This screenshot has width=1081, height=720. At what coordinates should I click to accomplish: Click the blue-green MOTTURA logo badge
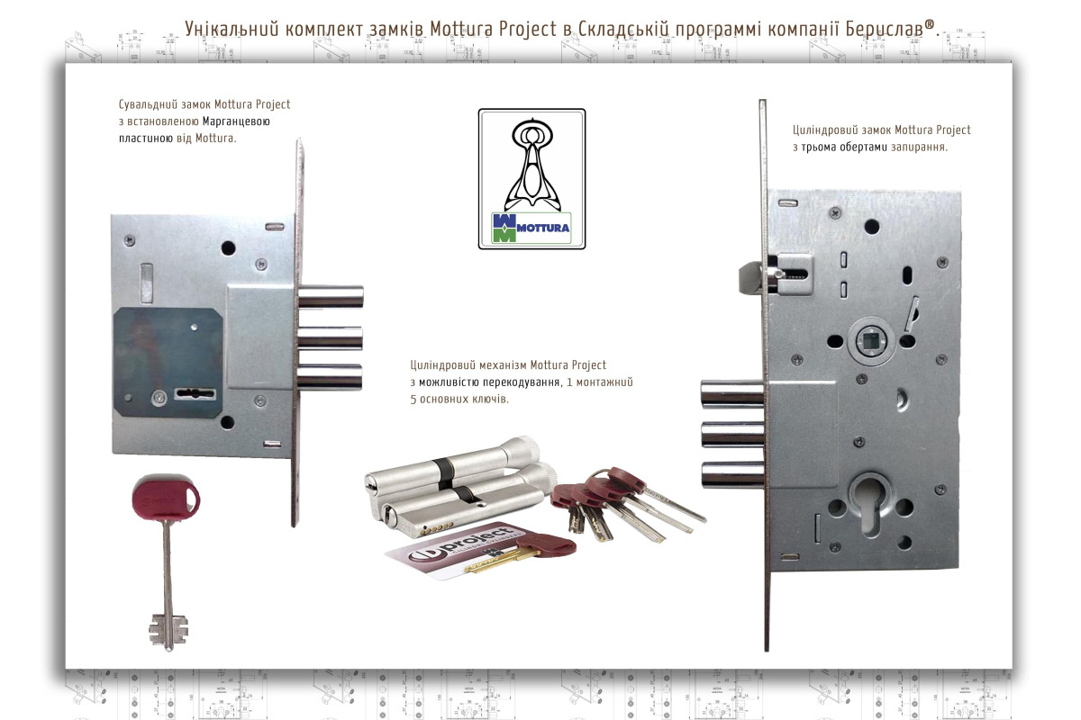pos(531,228)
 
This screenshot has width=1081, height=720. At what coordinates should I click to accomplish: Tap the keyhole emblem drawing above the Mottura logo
pos(531,164)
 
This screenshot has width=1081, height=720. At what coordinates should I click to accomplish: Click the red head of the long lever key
pos(166,497)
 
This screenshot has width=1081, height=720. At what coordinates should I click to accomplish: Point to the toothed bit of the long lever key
pos(168,630)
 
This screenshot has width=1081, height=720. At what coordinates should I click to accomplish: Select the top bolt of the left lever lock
pos(331,297)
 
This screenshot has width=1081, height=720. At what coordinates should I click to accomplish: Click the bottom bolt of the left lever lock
pos(330,376)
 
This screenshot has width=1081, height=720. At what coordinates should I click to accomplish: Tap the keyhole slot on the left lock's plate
pos(195,393)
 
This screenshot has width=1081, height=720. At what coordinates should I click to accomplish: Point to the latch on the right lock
pos(752,277)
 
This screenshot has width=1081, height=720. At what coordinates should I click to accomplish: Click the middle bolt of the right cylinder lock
pos(732,434)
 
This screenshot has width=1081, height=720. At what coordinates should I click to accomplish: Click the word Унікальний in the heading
pos(232,29)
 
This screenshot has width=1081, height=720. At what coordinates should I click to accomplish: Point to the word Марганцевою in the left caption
pos(236,121)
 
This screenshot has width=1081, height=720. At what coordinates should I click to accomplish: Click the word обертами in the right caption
pos(863,147)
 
